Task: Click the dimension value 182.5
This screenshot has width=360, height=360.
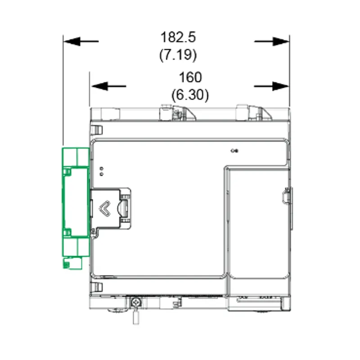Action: pos(178,37)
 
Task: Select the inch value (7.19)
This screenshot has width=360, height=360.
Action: pos(178,55)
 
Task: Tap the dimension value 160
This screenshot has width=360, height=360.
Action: pos(190,77)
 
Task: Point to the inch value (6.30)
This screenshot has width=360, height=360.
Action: pos(190,95)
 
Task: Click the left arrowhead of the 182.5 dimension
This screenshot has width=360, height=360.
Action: pos(72,41)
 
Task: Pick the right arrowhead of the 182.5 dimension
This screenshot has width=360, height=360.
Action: pos(280,41)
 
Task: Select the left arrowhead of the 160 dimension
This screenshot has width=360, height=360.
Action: pos(99,86)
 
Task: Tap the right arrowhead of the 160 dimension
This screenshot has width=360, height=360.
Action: pos(280,86)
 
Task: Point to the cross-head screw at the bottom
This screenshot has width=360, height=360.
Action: pos(136,302)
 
